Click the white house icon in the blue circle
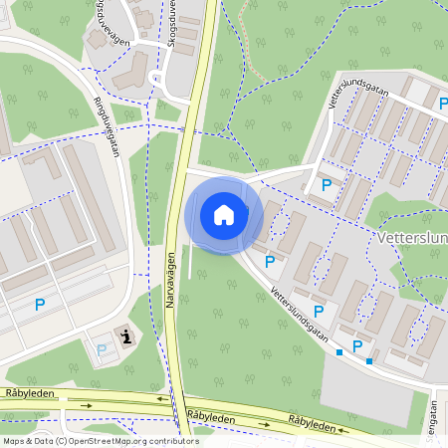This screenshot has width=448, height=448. coord(224,214)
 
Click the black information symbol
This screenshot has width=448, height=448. coord(125,336)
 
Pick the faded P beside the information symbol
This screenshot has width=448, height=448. coord(102,349)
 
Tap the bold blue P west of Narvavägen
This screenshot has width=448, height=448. coord(40,306)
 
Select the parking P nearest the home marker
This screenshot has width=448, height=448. coord(270,262)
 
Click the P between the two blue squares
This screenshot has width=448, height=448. coord(357,345)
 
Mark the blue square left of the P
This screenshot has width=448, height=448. coord(339,352)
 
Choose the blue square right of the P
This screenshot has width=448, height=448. coord(369,360)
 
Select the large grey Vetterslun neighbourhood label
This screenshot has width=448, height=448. coord(412,240)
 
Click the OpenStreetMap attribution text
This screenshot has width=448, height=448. coord(101,441)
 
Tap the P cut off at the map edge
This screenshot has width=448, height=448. coord(444,104)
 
